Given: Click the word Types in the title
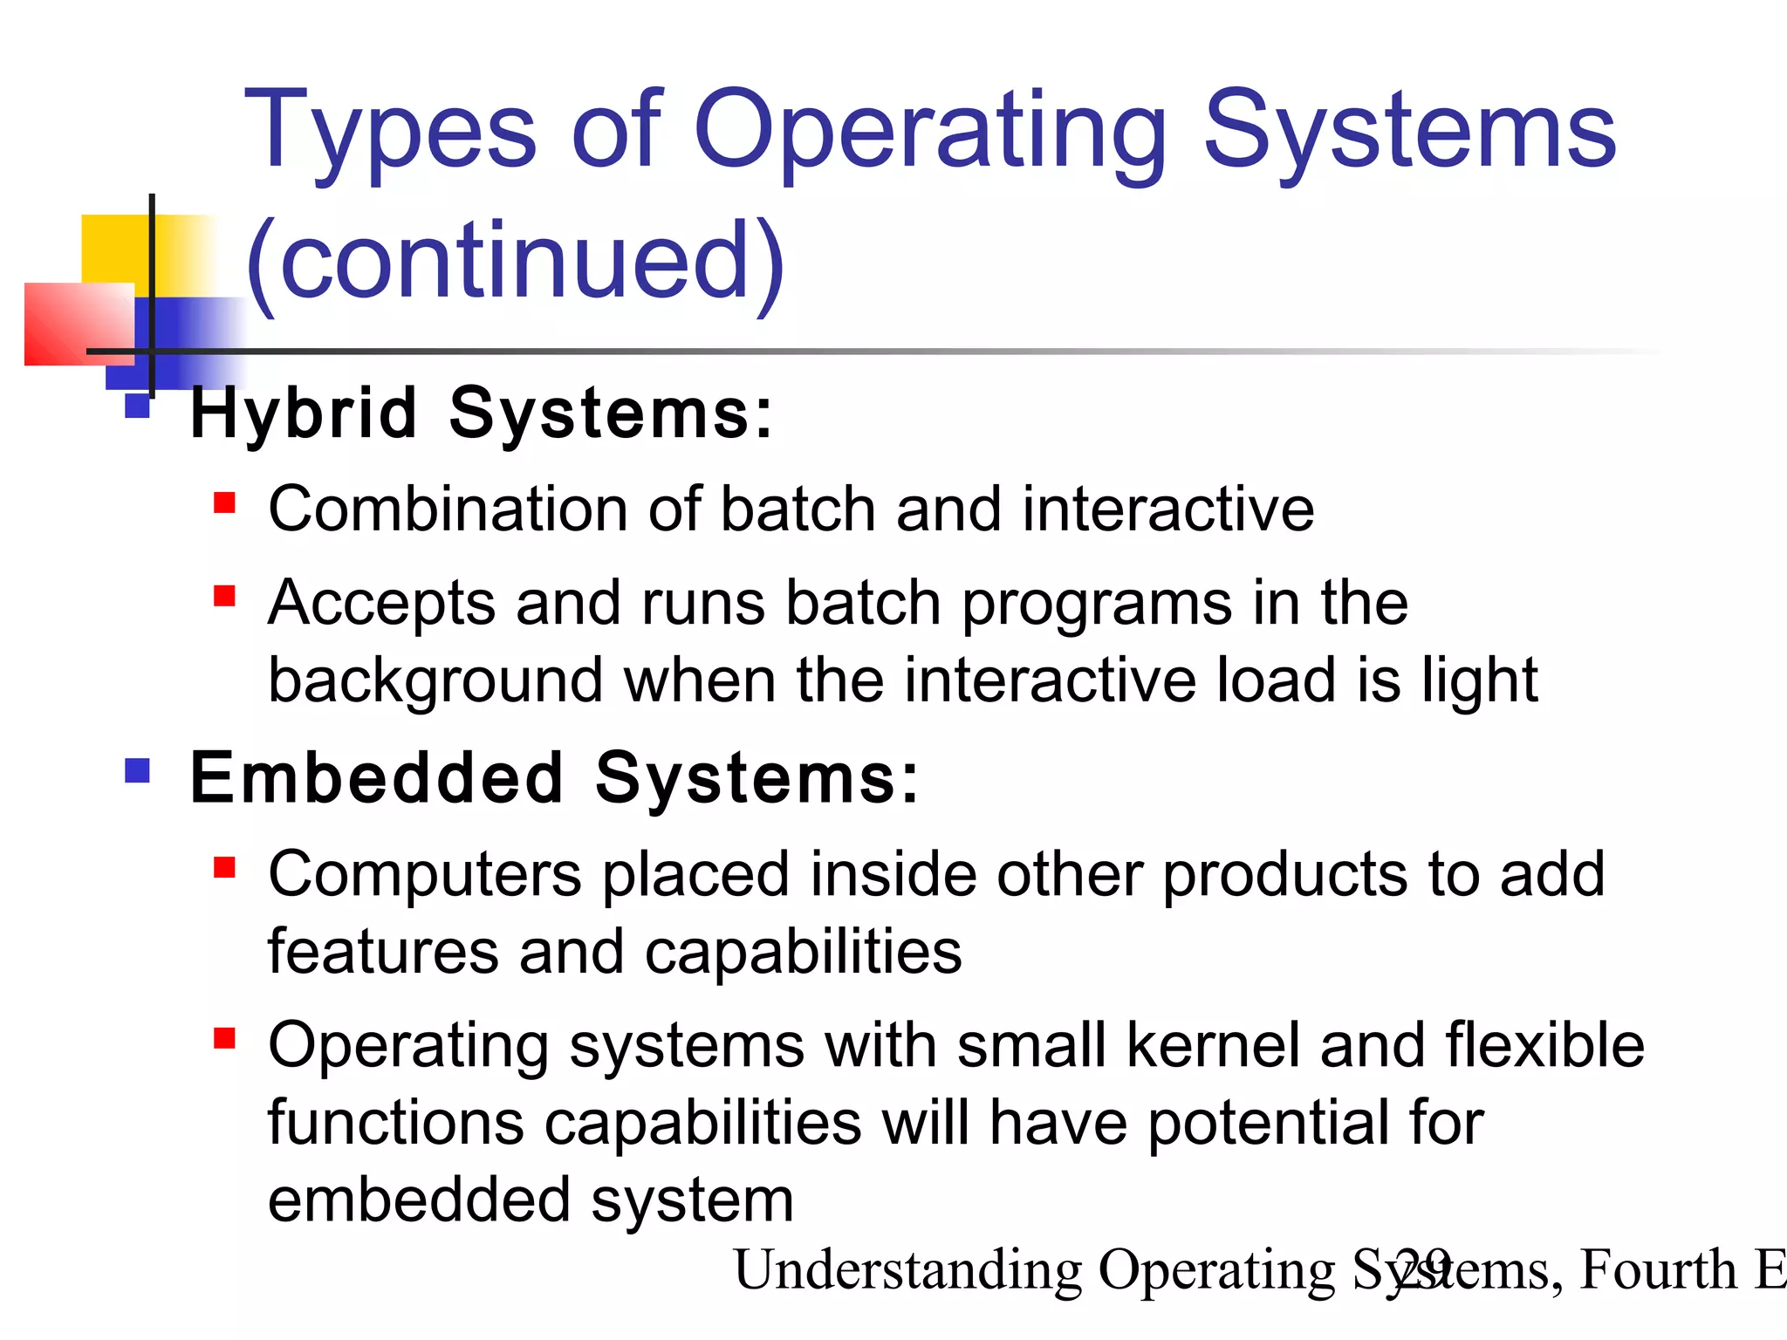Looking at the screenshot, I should click(x=389, y=131).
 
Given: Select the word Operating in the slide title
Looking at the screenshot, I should click(x=930, y=131).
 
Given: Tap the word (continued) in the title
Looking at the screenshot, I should click(x=515, y=262).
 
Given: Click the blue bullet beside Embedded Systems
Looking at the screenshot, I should click(x=138, y=770).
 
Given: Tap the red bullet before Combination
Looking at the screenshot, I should click(x=224, y=503).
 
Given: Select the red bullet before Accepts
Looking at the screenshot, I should click(x=224, y=596).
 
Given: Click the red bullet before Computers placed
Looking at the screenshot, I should click(x=224, y=867).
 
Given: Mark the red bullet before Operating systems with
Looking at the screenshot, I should click(x=224, y=1037).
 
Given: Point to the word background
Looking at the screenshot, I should click(x=435, y=680).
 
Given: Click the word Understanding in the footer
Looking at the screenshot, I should click(x=907, y=1269).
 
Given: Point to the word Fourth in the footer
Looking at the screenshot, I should click(x=1658, y=1269).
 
